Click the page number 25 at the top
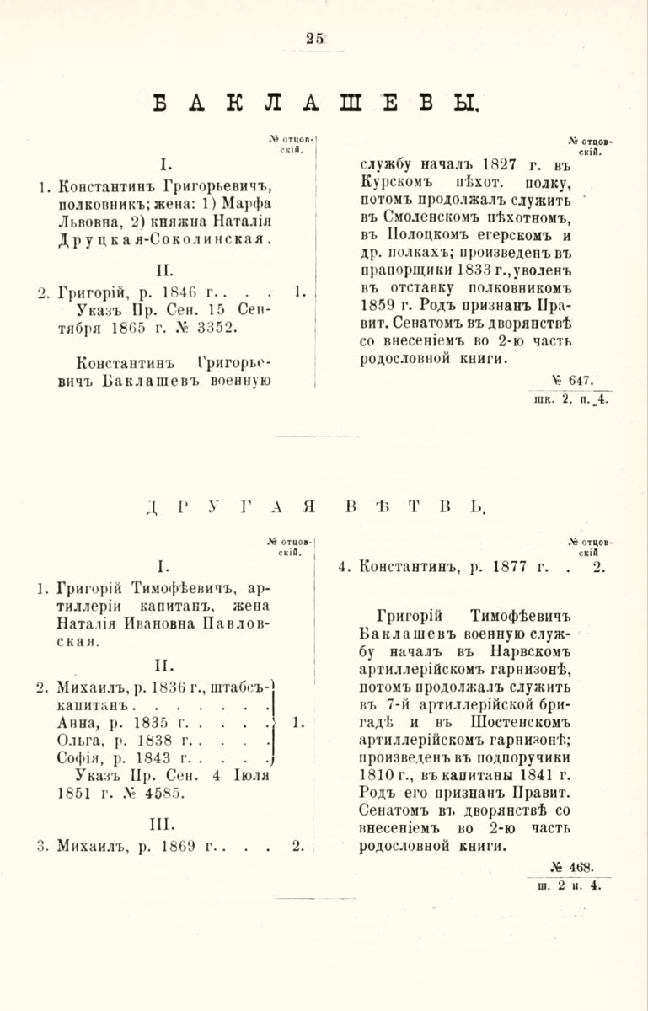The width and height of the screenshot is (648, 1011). pos(316,37)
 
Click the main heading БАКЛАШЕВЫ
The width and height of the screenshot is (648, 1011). pos(317,104)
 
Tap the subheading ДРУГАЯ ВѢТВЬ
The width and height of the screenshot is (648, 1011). pos(316,508)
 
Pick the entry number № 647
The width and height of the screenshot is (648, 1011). pos(581,378)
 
